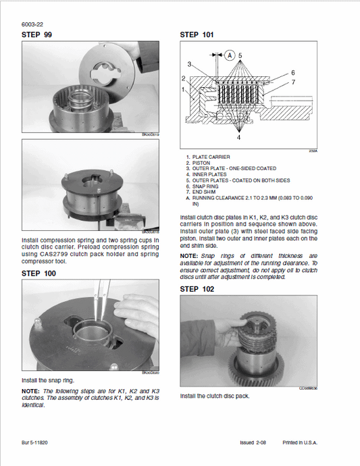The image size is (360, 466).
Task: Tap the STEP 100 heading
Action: click(38, 273)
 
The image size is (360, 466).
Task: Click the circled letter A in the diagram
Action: click(230, 53)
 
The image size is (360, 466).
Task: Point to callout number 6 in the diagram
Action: click(292, 72)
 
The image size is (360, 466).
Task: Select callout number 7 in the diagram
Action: click(292, 82)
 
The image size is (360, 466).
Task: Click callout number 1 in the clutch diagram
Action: click(184, 89)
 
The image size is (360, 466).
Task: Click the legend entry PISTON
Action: click(201, 163)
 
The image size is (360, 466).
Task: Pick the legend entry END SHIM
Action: click(205, 192)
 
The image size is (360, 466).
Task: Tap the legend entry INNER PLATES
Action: click(209, 174)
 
